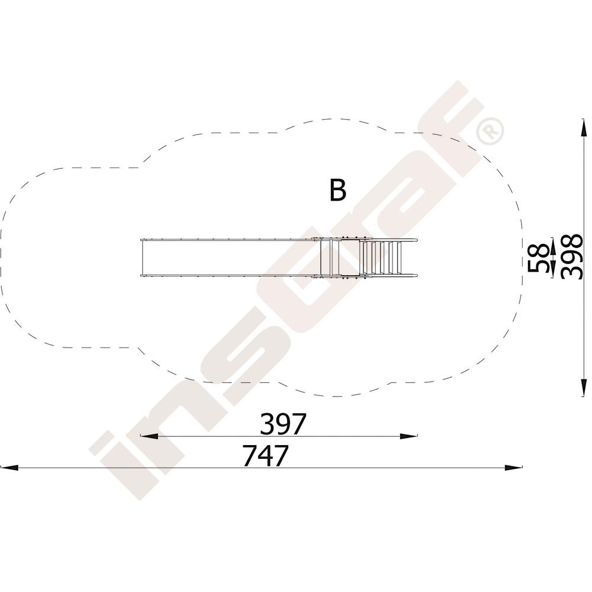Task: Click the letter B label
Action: [337, 190]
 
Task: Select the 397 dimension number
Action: [282, 424]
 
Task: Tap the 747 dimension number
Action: [265, 455]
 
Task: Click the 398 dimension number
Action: [572, 257]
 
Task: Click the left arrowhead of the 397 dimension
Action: [149, 436]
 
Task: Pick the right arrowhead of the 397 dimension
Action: [409, 436]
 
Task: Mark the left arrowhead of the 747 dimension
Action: [9, 468]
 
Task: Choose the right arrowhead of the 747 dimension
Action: [514, 468]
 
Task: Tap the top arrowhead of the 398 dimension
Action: [584, 127]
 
